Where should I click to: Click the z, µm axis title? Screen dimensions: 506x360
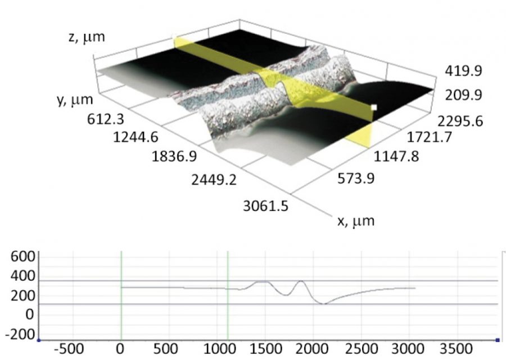pyautogui.click(x=87, y=37)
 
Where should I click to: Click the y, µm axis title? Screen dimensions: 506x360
pyautogui.click(x=75, y=100)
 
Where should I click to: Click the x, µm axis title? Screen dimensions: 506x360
pyautogui.click(x=356, y=221)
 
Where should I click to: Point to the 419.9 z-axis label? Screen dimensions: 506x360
pyautogui.click(x=463, y=71)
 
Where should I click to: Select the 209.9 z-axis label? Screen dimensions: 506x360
pyautogui.click(x=463, y=95)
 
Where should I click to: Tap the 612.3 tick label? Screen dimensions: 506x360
pyautogui.click(x=106, y=119)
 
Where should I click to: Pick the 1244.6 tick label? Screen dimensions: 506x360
pyautogui.click(x=135, y=138)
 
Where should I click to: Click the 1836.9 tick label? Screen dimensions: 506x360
pyautogui.click(x=174, y=156)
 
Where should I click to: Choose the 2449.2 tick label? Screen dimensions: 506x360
pyautogui.click(x=214, y=179)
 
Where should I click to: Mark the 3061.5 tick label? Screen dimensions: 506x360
pyautogui.click(x=265, y=206)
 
